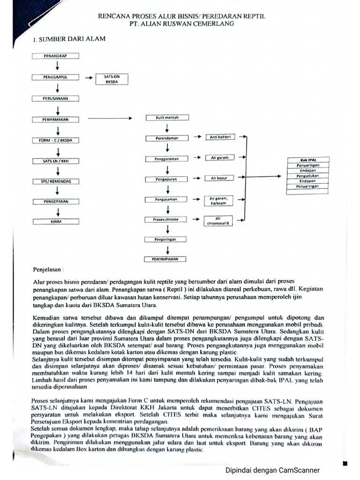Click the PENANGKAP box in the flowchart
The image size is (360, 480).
(x=55, y=56)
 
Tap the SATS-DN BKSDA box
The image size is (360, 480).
(x=111, y=79)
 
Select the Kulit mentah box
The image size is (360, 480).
(x=167, y=118)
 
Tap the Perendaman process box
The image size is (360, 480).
(x=167, y=138)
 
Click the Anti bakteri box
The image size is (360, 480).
(x=219, y=137)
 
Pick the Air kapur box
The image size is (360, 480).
(x=219, y=178)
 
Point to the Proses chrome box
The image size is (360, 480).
(x=167, y=219)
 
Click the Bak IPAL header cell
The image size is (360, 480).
(x=307, y=160)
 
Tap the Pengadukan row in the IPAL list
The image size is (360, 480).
(x=307, y=175)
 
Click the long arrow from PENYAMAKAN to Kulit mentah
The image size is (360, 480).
(x=115, y=119)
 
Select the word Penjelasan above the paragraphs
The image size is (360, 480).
(x=48, y=270)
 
